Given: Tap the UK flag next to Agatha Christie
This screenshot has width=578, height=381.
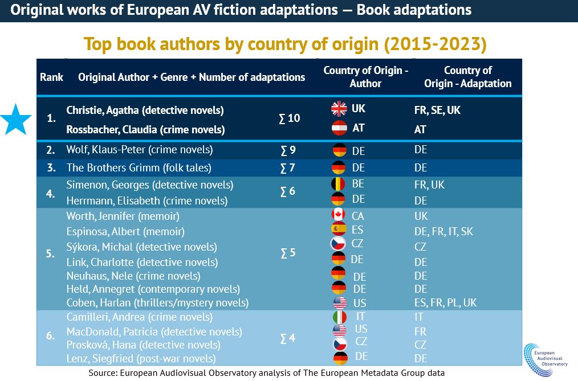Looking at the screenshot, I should pos(339,109).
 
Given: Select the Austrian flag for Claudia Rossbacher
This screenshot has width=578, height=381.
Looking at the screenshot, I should pos(339,129).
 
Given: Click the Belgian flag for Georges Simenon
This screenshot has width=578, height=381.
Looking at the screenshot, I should pos(339,185).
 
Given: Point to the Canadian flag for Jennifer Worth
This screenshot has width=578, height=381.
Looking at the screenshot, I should pos(339,216).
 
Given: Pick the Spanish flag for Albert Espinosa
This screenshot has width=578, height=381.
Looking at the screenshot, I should pos(339,230).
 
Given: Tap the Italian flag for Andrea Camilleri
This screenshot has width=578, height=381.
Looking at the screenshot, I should pos(340,316).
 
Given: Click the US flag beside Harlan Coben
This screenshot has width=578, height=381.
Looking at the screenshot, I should pos(340,302).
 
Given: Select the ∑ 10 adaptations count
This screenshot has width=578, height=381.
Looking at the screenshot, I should pos(290,118).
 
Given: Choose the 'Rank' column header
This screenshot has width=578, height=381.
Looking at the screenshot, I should pos(51,77).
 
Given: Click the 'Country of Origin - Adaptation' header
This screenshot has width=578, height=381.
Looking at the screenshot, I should pos(467,77).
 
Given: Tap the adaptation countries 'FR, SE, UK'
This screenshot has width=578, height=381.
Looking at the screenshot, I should pos(437,110).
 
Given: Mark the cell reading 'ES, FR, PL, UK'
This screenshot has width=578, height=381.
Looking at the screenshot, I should pos(445,302).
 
